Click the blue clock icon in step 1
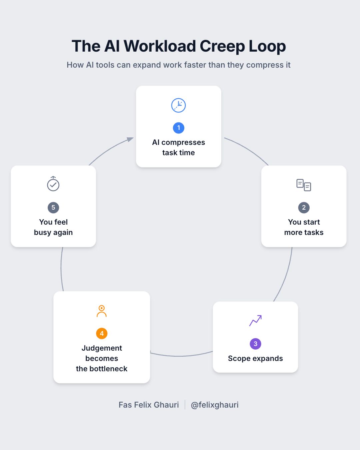coord(178,105)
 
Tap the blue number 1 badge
coord(178,128)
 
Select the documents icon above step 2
coord(304,185)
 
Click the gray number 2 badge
coord(304,208)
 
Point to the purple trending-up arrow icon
coord(255,321)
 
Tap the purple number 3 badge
coord(255,344)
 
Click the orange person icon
coord(102,311)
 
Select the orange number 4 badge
coord(102,334)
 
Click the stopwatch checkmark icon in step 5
coord(53,184)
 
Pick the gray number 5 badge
coord(53,208)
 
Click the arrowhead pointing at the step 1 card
coord(130,139)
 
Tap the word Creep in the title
coord(222,46)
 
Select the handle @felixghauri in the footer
coord(214,405)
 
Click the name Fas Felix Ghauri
coord(149,405)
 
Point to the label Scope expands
coord(255,359)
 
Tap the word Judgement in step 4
coord(102,348)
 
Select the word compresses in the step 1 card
coord(183,143)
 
